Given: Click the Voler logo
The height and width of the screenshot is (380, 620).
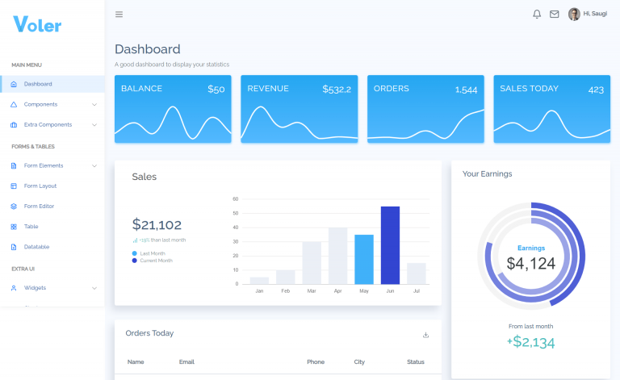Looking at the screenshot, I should (37, 24).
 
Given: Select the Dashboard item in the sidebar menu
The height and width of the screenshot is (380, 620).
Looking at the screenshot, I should (38, 84).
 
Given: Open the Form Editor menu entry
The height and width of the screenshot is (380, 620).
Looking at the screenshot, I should (39, 207).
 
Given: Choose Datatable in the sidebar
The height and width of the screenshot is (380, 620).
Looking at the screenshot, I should (36, 247).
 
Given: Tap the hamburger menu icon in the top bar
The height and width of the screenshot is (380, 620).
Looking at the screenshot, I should (119, 14).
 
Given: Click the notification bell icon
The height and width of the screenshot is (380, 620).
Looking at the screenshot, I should (537, 14).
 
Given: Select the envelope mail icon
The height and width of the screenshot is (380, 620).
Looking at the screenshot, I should (555, 14).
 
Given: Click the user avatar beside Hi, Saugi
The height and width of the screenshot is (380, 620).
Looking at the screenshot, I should (574, 14).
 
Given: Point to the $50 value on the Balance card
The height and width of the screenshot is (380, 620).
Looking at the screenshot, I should (216, 90).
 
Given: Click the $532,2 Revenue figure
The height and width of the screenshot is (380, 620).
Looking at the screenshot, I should (337, 90).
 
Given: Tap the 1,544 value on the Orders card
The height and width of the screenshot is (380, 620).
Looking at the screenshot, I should (466, 90).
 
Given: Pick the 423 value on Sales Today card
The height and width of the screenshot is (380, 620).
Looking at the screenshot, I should (596, 90).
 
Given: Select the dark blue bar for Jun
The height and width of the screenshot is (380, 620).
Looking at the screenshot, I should (390, 245).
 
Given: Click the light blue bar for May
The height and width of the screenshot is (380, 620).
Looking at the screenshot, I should (364, 259).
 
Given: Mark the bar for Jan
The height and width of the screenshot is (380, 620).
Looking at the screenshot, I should (259, 281).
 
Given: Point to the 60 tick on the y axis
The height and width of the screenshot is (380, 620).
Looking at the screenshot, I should (236, 198).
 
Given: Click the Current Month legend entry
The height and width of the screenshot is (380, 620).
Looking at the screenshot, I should (156, 261).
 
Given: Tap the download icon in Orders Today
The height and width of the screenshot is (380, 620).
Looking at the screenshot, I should (425, 335).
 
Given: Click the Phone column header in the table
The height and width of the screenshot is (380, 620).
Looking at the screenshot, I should (316, 362).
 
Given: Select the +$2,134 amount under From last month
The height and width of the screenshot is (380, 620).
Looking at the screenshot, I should (530, 342).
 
